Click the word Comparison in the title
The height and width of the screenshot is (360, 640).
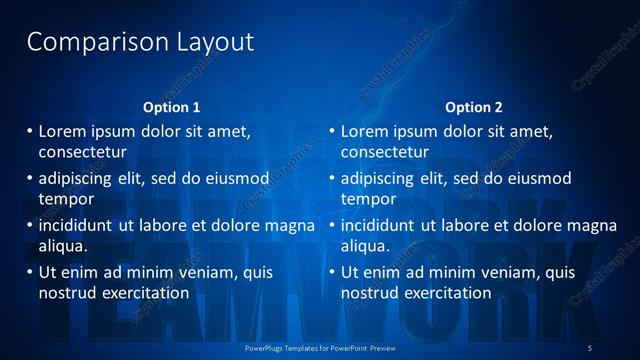(x=83, y=42)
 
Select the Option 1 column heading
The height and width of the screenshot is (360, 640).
(x=172, y=107)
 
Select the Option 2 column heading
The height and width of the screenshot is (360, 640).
(x=474, y=107)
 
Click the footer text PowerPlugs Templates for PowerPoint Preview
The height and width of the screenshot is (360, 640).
(x=320, y=346)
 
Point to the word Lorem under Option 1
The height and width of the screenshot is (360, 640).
(x=62, y=131)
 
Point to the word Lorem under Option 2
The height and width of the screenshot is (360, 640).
(x=364, y=131)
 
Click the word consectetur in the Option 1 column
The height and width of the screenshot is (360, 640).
(x=82, y=152)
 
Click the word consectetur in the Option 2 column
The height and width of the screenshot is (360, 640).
(x=384, y=152)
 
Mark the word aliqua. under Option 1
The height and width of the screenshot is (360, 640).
(x=63, y=245)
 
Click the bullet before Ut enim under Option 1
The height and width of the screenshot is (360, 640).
(x=29, y=272)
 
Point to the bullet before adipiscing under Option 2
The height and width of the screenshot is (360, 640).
(x=331, y=178)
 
